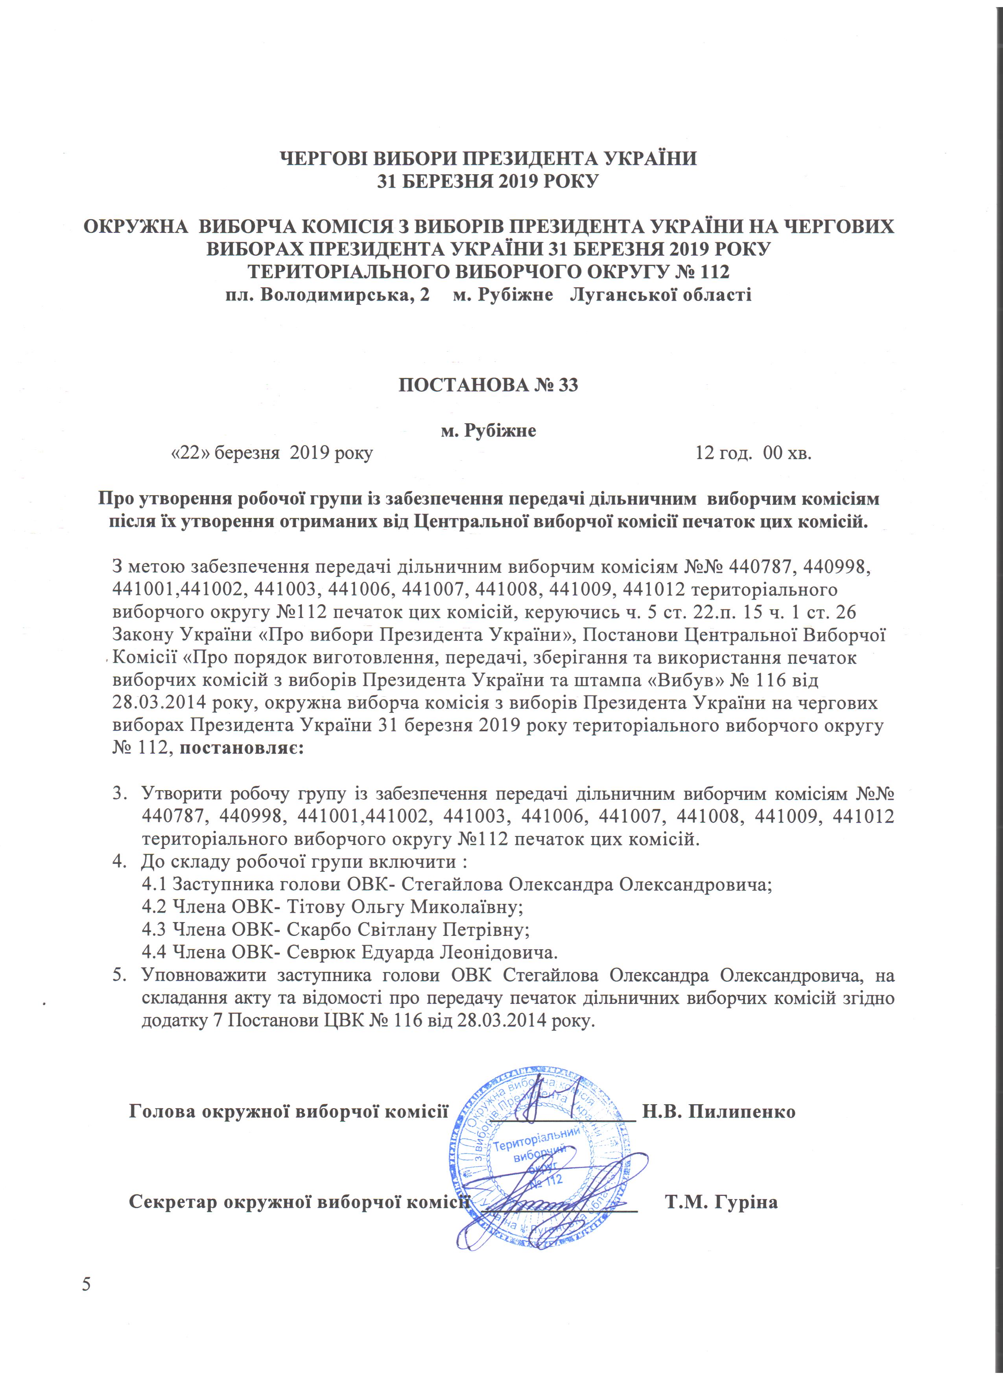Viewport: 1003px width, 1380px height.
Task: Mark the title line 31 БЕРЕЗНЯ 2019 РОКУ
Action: (x=488, y=181)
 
